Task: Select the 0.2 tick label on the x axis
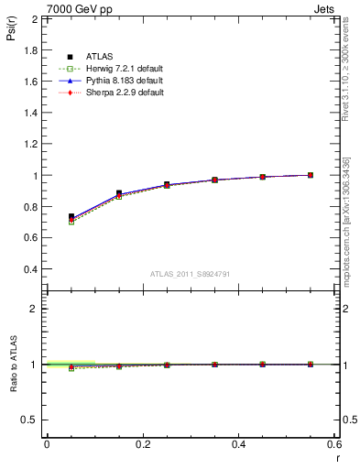(142, 443)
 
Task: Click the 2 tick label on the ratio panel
(34, 309)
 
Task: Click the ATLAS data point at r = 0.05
(71, 217)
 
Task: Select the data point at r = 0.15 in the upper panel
(118, 193)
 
